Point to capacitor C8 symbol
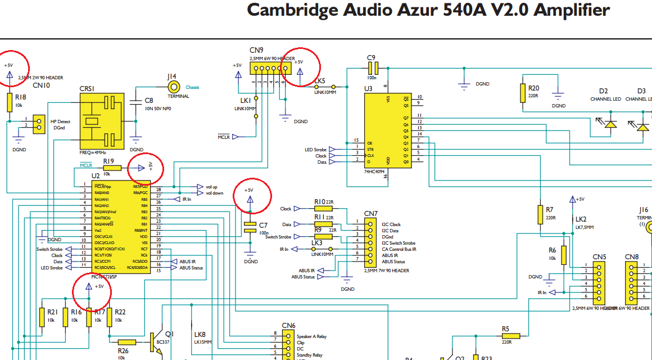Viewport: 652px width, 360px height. (135, 102)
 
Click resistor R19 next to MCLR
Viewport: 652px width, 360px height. (112, 168)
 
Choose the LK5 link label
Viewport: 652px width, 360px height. (319, 81)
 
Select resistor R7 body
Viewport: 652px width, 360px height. (540, 214)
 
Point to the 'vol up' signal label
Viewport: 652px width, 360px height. (211, 187)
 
